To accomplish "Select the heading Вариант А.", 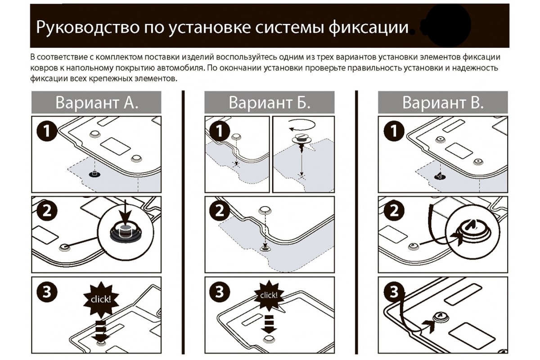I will click(x=96, y=103).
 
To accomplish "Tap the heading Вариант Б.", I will click(x=270, y=103).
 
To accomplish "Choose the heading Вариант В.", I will click(x=443, y=103).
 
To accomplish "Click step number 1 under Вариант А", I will click(x=46, y=132).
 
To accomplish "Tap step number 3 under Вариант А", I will click(x=46, y=292).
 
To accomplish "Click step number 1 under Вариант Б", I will click(x=220, y=132).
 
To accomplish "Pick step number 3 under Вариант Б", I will click(x=220, y=292).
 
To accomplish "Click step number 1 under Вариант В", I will click(x=393, y=132).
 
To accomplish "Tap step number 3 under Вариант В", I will click(x=393, y=292).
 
